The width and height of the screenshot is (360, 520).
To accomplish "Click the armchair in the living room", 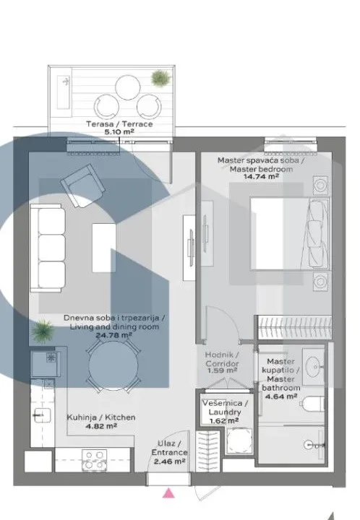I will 81,181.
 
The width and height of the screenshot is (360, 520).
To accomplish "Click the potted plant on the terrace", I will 158,77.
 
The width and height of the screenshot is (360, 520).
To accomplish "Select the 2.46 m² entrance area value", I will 172,459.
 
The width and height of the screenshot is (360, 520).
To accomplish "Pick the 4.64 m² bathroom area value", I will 281,395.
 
